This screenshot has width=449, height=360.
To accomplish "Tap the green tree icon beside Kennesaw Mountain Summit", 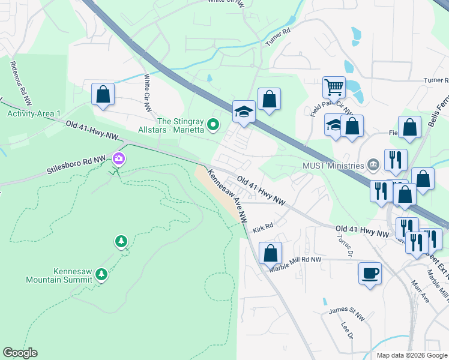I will click(101, 274).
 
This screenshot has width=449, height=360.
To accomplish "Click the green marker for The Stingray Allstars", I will click(212, 125).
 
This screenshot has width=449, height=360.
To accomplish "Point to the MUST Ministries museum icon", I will click(373, 165).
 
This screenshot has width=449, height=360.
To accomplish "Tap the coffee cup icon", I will click(370, 273).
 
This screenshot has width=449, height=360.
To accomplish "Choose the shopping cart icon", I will click(334, 86).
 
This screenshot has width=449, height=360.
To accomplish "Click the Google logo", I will click(20, 353).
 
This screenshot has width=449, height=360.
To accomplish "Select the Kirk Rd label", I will click(263, 229).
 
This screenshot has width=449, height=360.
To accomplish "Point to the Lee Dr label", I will click(346, 330).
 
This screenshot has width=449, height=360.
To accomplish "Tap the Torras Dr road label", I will click(344, 245).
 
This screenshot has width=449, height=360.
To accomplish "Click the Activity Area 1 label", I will click(34, 114).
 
